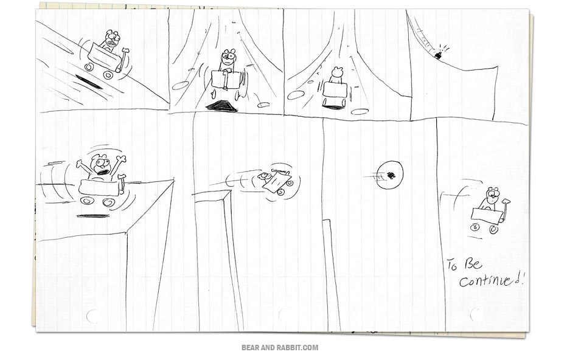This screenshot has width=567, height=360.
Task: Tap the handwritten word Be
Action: [x=473, y=263]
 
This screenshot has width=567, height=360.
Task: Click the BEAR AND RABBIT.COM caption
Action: [x=280, y=348]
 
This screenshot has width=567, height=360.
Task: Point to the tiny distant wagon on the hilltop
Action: [x=439, y=55]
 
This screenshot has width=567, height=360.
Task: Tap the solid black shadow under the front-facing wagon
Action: [x=221, y=106]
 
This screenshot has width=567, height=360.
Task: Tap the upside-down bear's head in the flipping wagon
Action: [x=263, y=176]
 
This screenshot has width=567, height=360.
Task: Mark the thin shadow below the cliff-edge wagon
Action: [x=93, y=216]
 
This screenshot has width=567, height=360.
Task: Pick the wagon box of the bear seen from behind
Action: [x=335, y=89]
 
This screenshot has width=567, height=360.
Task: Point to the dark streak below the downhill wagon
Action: [x=89, y=81]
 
